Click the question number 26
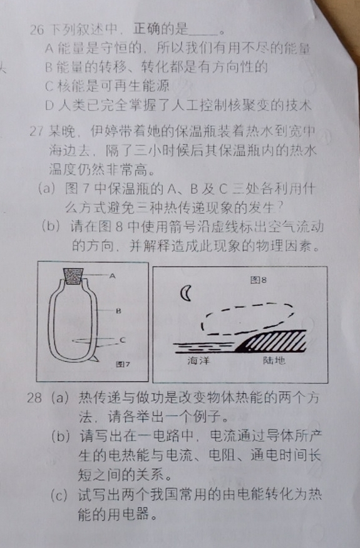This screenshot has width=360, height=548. (37, 30)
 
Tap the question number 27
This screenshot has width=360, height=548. (36, 131)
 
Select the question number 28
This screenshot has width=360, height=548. (34, 398)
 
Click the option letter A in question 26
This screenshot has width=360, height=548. (49, 48)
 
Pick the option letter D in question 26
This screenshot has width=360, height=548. (49, 105)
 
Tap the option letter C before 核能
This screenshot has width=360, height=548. (49, 86)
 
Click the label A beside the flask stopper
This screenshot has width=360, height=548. (112, 276)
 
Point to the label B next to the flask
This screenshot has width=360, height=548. (118, 310)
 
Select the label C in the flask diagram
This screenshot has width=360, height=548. (122, 340)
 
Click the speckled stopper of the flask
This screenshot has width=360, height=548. (73, 277)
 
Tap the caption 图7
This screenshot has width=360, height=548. (123, 364)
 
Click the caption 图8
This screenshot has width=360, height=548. (259, 280)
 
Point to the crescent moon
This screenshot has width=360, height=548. (185, 293)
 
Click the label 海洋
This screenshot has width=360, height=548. (198, 360)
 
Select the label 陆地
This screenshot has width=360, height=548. (274, 360)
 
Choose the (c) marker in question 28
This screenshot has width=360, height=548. (58, 495)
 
